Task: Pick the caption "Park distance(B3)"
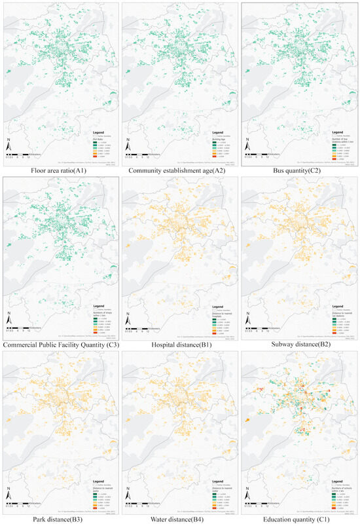(60, 519)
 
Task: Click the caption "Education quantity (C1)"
(300, 519)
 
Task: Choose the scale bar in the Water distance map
(147, 503)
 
